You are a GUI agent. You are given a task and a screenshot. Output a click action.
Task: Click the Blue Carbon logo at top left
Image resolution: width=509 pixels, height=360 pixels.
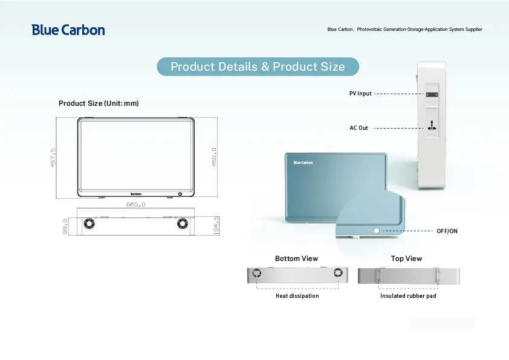click(68, 30)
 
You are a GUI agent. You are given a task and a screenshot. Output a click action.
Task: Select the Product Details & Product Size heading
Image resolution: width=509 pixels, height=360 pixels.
click(258, 66)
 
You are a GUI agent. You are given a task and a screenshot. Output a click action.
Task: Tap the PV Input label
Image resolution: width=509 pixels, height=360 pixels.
click(360, 94)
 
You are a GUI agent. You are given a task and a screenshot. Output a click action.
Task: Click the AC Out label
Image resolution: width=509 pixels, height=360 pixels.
click(358, 128)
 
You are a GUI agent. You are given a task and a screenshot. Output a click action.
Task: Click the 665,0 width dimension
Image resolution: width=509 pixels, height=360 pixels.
click(136, 205)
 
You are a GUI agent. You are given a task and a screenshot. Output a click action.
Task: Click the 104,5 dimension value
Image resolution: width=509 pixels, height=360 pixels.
click(216, 226)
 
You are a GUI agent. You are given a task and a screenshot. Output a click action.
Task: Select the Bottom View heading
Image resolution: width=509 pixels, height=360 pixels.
click(296, 259)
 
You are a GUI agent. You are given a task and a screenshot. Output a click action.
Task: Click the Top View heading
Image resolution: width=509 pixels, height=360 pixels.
click(406, 259)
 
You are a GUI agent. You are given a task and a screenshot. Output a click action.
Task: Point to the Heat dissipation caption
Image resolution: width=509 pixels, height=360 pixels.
click(297, 296)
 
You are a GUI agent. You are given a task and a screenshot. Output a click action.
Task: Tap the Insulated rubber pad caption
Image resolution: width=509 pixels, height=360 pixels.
click(408, 296)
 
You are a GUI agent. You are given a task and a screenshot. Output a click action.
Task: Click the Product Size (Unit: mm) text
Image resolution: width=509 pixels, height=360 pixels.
click(99, 103)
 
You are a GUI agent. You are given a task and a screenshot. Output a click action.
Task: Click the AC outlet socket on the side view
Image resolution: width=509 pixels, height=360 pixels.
click(432, 126)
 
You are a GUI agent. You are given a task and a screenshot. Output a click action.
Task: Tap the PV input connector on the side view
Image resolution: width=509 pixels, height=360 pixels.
click(432, 95)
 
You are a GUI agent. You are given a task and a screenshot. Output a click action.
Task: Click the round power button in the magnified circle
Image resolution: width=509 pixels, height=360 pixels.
click(377, 231)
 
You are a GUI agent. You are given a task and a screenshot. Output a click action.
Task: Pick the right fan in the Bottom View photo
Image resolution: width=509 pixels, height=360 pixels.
click(337, 275)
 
